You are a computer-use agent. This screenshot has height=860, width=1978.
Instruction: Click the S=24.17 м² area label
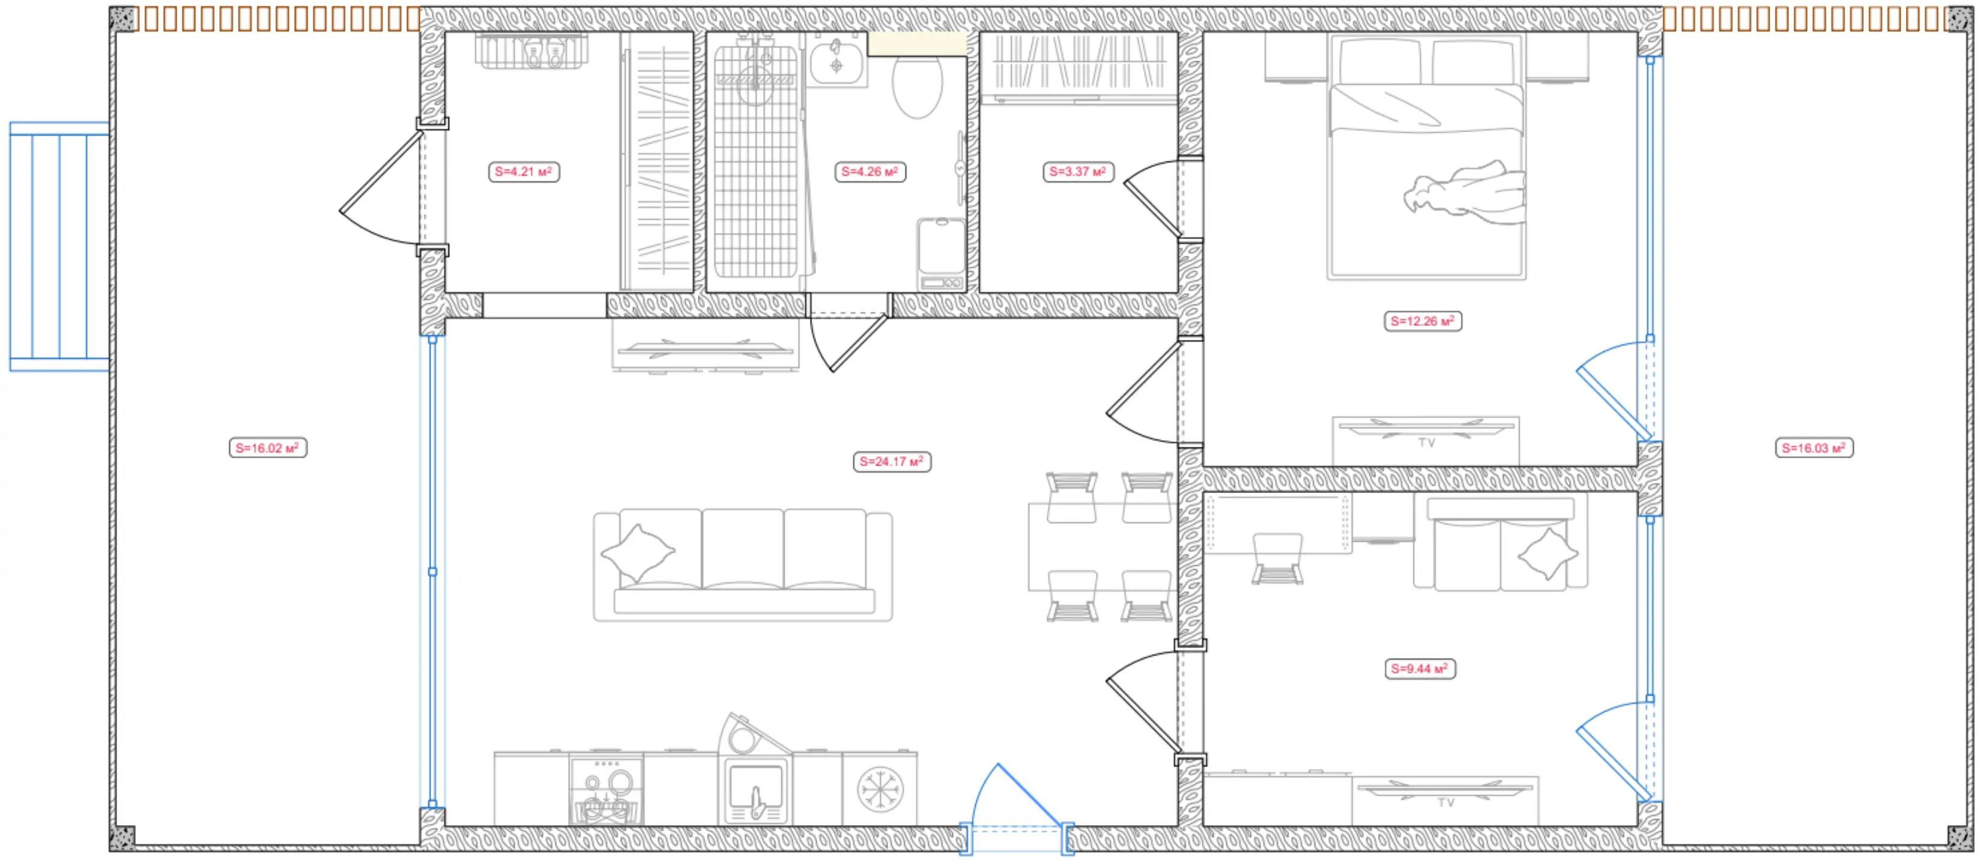[892, 461]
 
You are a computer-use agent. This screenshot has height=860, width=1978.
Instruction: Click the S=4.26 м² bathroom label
[870, 171]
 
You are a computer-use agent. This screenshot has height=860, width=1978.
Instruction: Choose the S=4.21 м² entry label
[524, 171]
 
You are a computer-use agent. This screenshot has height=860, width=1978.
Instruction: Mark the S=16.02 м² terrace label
[268, 447]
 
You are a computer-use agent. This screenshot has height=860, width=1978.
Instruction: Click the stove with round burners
[606, 791]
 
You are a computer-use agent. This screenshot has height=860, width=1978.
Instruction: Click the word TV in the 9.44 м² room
[1447, 802]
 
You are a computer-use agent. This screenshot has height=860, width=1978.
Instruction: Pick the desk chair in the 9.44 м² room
[1278, 559]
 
